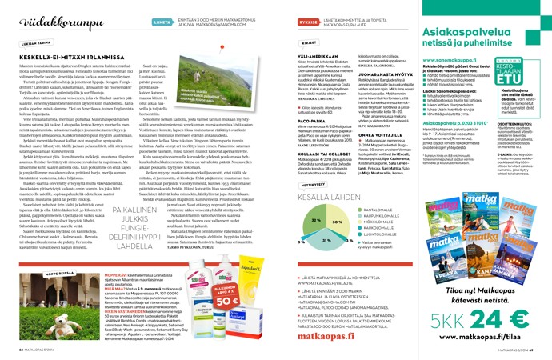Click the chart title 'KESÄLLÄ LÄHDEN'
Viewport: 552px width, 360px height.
pos(315,195)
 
